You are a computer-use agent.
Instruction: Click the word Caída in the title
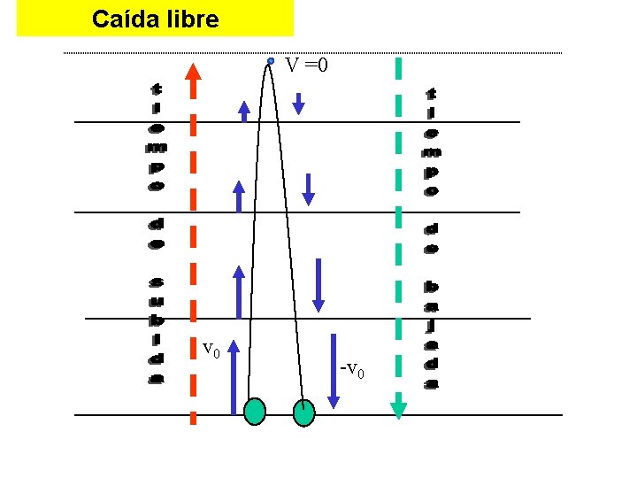pyautogui.click(x=125, y=19)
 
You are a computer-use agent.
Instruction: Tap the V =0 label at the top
pyautogui.click(x=306, y=65)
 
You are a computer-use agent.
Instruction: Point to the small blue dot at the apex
pyautogui.click(x=270, y=61)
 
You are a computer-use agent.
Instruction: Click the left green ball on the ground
pyautogui.click(x=255, y=412)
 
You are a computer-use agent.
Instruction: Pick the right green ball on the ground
pyautogui.click(x=303, y=412)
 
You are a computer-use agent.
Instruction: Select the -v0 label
pyautogui.click(x=352, y=369)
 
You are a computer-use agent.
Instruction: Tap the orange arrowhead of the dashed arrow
pyautogui.click(x=193, y=72)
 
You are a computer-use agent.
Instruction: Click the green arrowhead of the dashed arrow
pyautogui.click(x=398, y=408)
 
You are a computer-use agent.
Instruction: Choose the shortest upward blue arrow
pyautogui.click(x=244, y=109)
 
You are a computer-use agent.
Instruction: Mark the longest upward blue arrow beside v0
pyautogui.click(x=233, y=380)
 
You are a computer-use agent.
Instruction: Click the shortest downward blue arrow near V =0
pyautogui.click(x=298, y=103)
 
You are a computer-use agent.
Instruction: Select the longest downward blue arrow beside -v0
pyautogui.click(x=334, y=371)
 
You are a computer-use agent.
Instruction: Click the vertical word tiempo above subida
pyautogui.click(x=156, y=136)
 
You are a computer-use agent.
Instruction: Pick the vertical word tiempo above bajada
pyautogui.click(x=431, y=142)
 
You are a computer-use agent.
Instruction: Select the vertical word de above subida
pyautogui.click(x=156, y=232)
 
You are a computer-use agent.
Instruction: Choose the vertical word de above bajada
pyautogui.click(x=431, y=238)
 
